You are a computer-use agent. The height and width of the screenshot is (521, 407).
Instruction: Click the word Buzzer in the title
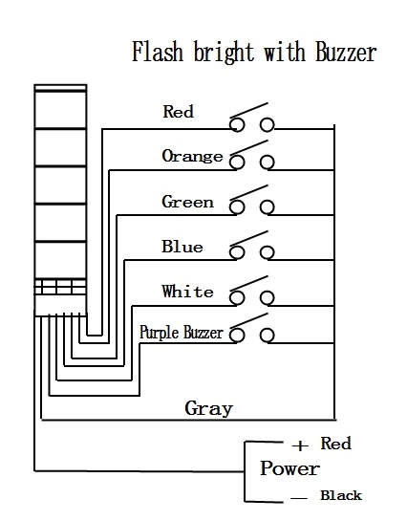tap(346, 53)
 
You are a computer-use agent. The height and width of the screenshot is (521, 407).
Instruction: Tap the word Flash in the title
tap(158, 52)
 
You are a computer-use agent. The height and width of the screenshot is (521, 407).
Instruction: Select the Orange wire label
tap(192, 156)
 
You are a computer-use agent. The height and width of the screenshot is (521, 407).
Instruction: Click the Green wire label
tap(187, 202)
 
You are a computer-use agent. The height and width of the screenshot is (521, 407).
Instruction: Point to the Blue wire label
tap(182, 247)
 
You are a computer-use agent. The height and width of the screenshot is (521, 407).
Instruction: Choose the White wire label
tap(187, 292)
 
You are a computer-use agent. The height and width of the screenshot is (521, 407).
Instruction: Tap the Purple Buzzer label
tap(182, 333)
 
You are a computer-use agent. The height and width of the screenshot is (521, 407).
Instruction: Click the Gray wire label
tap(209, 408)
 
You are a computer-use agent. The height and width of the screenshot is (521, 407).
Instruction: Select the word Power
tap(289, 468)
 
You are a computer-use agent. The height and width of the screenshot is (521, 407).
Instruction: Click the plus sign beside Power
tap(300, 445)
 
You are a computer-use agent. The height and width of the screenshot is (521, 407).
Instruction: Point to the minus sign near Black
tap(299, 498)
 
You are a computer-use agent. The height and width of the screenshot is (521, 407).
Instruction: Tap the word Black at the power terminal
tap(341, 495)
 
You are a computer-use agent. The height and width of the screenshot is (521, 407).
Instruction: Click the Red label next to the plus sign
tap(335, 444)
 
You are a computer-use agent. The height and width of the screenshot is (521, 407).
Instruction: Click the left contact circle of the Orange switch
tap(237, 163)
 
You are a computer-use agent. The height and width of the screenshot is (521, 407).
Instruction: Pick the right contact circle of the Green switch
tap(268, 207)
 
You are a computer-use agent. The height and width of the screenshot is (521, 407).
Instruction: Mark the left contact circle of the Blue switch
tap(237, 252)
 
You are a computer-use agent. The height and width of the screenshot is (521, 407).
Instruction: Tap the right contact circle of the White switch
tap(268, 298)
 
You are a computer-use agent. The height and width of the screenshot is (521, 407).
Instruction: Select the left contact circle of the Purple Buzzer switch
tap(237, 336)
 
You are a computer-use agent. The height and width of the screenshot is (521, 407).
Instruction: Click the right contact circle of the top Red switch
tap(268, 125)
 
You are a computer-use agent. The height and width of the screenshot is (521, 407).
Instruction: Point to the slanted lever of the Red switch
tap(249, 110)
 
